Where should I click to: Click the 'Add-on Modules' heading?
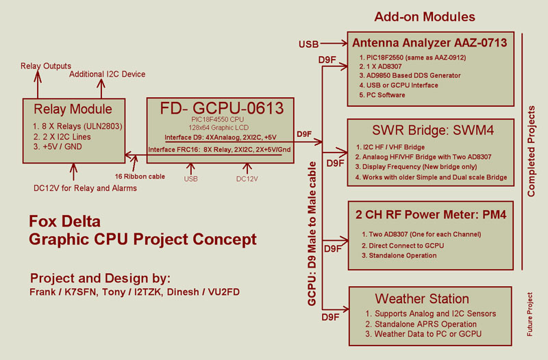pos(425,16)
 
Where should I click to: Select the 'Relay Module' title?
pos(73,109)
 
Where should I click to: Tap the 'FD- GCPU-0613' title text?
pos(221,108)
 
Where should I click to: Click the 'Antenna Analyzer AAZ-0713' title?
pos(429,42)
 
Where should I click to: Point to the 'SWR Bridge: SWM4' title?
pos(433,130)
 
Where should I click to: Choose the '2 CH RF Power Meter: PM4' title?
pos(431,214)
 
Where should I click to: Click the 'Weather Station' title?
pos(422,299)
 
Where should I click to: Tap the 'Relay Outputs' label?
pos(46,66)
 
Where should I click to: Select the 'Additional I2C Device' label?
pos(108,74)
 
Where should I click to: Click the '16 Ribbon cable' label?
pos(140,177)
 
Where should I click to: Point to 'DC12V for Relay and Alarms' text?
pos(85,188)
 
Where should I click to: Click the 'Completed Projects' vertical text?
pos(532,151)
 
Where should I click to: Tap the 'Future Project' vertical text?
pos(530,314)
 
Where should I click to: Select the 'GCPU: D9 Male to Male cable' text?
pos(312,233)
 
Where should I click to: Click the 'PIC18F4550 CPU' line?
pos(217,119)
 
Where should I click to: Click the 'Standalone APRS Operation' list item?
pos(421,324)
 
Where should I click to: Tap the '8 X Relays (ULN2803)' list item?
pos(77,126)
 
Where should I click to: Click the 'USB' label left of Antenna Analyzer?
pos(309,44)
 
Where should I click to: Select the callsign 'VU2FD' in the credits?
pos(224,292)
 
